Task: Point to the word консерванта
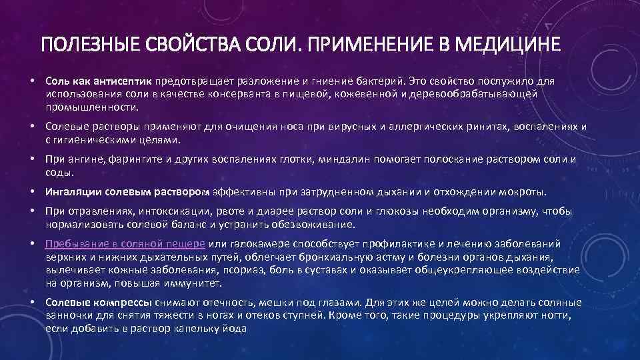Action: pyautogui.click(x=217, y=94)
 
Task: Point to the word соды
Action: pyautogui.click(x=57, y=172)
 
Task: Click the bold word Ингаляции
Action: pyautogui.click(x=77, y=193)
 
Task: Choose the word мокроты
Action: pyautogui.click(x=521, y=193)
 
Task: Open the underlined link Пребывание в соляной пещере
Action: pyautogui.click(x=125, y=244)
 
